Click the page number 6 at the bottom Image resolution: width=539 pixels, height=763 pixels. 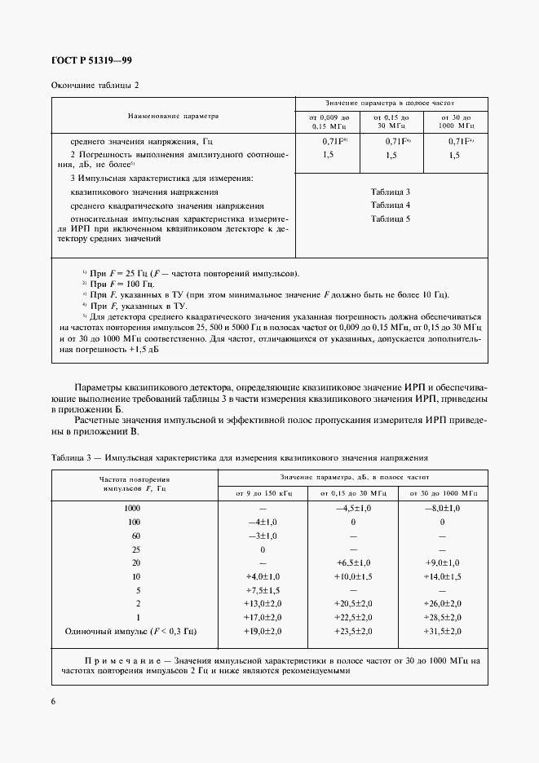(x=54, y=703)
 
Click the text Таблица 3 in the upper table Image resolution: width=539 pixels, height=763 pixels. (x=391, y=191)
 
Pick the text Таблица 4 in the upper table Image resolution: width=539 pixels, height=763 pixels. (x=391, y=205)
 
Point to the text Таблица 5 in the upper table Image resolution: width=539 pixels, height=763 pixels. (x=391, y=218)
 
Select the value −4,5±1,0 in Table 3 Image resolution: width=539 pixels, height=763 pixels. (x=353, y=508)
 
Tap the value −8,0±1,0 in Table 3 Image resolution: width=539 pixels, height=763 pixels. (x=442, y=508)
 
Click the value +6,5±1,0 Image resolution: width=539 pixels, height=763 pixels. (x=353, y=563)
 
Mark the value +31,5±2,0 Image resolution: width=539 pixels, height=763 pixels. (x=442, y=632)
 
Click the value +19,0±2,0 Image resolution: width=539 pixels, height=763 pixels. (x=263, y=632)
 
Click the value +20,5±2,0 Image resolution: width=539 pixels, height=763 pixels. (x=353, y=604)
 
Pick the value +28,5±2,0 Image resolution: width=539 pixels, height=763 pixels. (x=442, y=618)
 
